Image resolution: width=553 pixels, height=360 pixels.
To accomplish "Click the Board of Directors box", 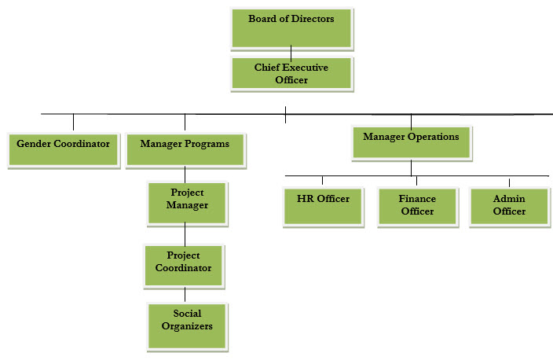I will click(x=291, y=28).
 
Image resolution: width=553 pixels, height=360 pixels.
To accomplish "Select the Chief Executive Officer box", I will click(x=291, y=73).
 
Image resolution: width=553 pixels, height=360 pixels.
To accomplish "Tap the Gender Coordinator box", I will click(x=64, y=149).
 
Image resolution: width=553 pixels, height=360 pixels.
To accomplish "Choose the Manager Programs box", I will click(x=185, y=149).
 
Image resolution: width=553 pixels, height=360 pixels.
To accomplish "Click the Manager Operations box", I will click(x=411, y=142).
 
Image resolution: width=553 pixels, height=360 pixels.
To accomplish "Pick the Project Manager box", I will click(x=187, y=204).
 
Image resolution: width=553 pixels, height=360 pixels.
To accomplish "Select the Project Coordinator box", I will click(x=183, y=266).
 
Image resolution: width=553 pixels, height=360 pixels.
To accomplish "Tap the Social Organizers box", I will click(x=187, y=325).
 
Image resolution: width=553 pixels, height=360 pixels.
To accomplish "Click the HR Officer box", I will click(x=323, y=206).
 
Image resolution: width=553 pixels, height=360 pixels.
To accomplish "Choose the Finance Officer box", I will click(x=416, y=206).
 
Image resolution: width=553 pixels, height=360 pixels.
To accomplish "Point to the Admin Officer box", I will click(x=508, y=206).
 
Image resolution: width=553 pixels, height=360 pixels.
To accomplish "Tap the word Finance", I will click(x=417, y=199).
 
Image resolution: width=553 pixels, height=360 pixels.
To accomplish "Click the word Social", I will click(x=187, y=314).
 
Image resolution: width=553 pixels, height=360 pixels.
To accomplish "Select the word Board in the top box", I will click(x=262, y=18).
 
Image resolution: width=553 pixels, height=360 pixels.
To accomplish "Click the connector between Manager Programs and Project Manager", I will click(x=185, y=174).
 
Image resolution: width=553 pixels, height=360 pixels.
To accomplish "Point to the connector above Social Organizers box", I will click(x=185, y=295).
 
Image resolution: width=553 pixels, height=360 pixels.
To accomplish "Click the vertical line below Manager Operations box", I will click(x=411, y=167).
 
